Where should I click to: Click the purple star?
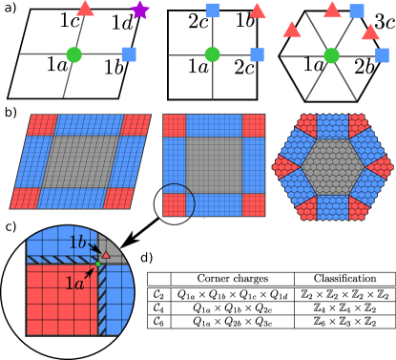pos(140,11)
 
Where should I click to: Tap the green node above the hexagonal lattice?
pos(331,55)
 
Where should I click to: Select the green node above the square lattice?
pos(212,54)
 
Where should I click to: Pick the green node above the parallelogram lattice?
pos(73,54)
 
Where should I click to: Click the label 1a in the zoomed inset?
pos(73,284)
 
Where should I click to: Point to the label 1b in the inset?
pos(77,243)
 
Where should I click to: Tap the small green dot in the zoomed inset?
pos(97,263)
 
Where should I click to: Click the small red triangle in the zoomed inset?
pos(105,255)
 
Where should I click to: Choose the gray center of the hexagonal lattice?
pos(332,167)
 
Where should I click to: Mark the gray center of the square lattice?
pos(214,165)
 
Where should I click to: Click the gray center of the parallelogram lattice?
pos(80,160)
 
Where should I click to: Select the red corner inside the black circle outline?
pos(174,204)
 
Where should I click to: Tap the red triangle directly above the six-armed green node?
pos(332,11)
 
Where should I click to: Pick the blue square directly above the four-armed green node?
pos(212,11)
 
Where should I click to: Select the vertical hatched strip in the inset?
pos(101,301)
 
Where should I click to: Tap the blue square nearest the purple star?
pos(129,53)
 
